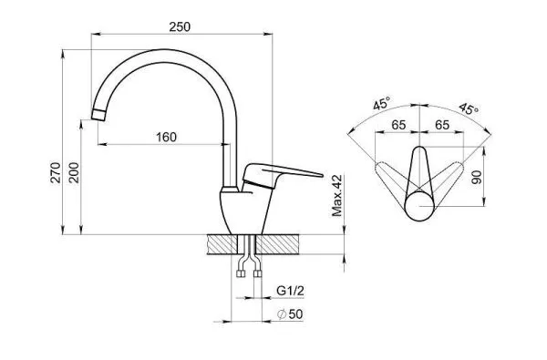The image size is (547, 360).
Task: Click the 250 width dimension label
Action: click(180, 26)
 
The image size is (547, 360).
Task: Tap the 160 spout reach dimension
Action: click(166, 137)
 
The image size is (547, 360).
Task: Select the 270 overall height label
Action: click(56, 172)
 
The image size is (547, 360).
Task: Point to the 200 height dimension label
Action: click(74, 172)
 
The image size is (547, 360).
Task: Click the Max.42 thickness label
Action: click(337, 196)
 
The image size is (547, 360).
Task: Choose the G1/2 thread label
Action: click(290, 291)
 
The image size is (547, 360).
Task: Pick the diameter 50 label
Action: click(290, 314)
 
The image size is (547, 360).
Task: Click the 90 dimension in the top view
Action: click(477, 177)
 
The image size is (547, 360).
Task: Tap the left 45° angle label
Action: click(381, 104)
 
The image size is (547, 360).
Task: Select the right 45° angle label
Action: click(469, 108)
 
